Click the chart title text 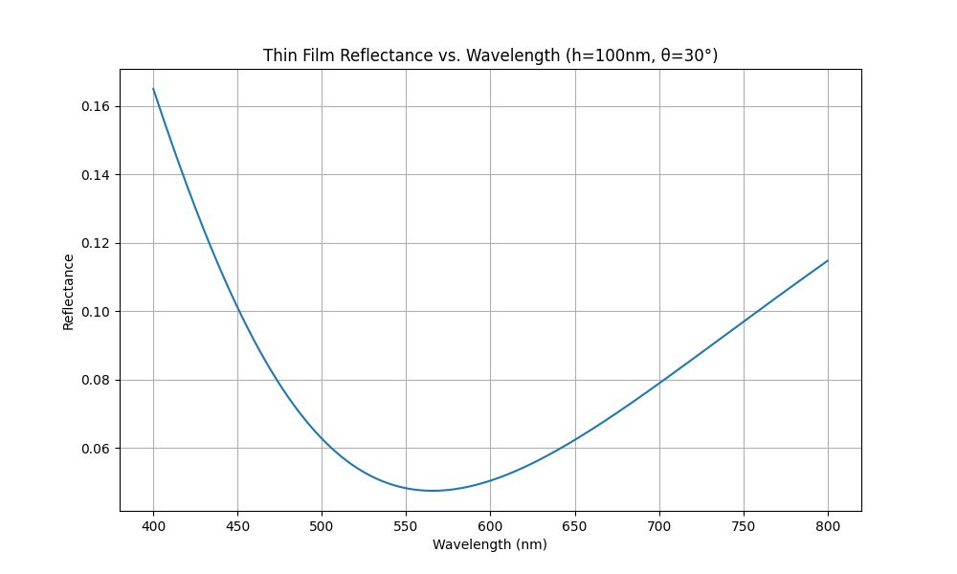490,55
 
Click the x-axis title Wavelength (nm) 489,544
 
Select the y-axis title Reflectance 68,292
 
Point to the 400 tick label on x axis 153,526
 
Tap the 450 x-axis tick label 237,526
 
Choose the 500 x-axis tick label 322,526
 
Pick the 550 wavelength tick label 406,526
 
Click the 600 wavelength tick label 490,526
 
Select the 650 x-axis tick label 575,526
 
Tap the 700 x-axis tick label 659,526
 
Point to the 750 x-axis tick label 744,526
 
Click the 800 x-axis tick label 828,526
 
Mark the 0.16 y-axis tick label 95,107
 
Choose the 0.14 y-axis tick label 95,175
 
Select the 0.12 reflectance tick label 95,243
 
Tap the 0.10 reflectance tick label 95,312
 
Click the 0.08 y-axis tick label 95,380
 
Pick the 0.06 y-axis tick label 95,449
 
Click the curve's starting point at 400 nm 153,89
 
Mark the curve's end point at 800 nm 828,260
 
